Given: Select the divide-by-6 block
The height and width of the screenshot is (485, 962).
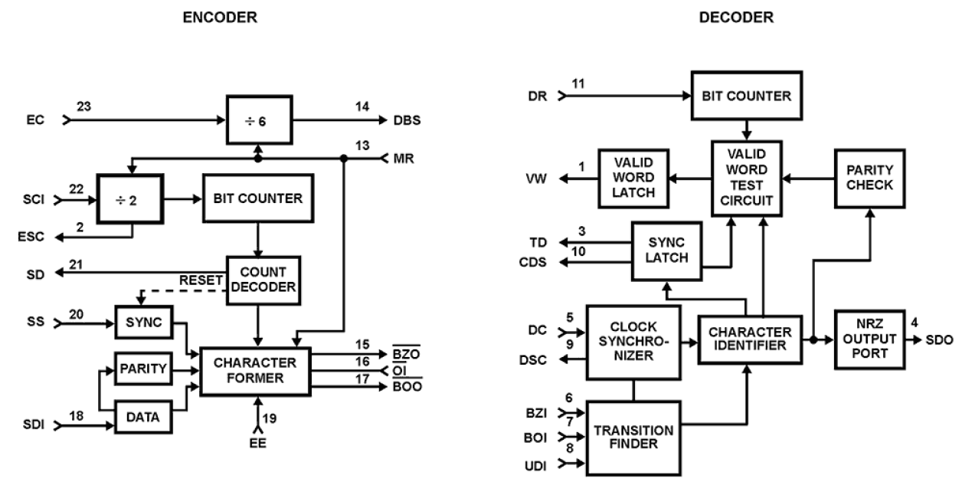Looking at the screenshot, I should point(258,119).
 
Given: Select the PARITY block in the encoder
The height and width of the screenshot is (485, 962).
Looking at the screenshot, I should point(142,369).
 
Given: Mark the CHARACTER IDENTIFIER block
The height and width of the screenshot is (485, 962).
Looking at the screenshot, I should point(749,338).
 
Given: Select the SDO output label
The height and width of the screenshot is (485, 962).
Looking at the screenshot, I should point(940,337).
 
